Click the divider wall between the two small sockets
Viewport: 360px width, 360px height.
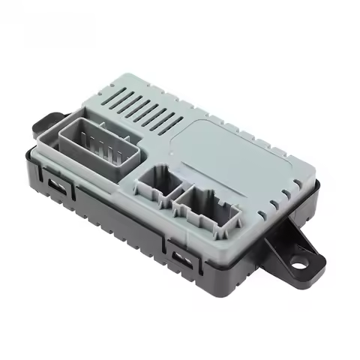point(178,194)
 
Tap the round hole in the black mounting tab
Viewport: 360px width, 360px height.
point(300,262)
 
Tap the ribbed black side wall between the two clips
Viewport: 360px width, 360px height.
point(112,217)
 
